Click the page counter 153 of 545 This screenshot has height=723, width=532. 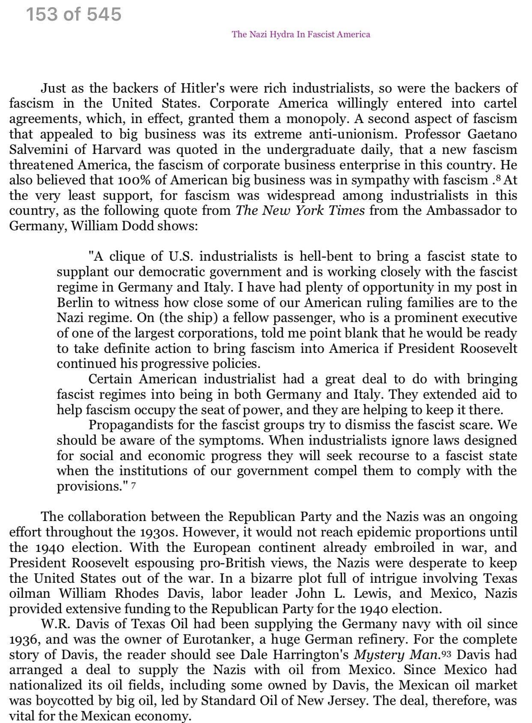(74, 15)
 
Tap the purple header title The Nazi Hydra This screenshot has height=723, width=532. (301, 34)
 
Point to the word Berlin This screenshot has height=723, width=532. (75, 303)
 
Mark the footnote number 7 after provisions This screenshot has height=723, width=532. (134, 486)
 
